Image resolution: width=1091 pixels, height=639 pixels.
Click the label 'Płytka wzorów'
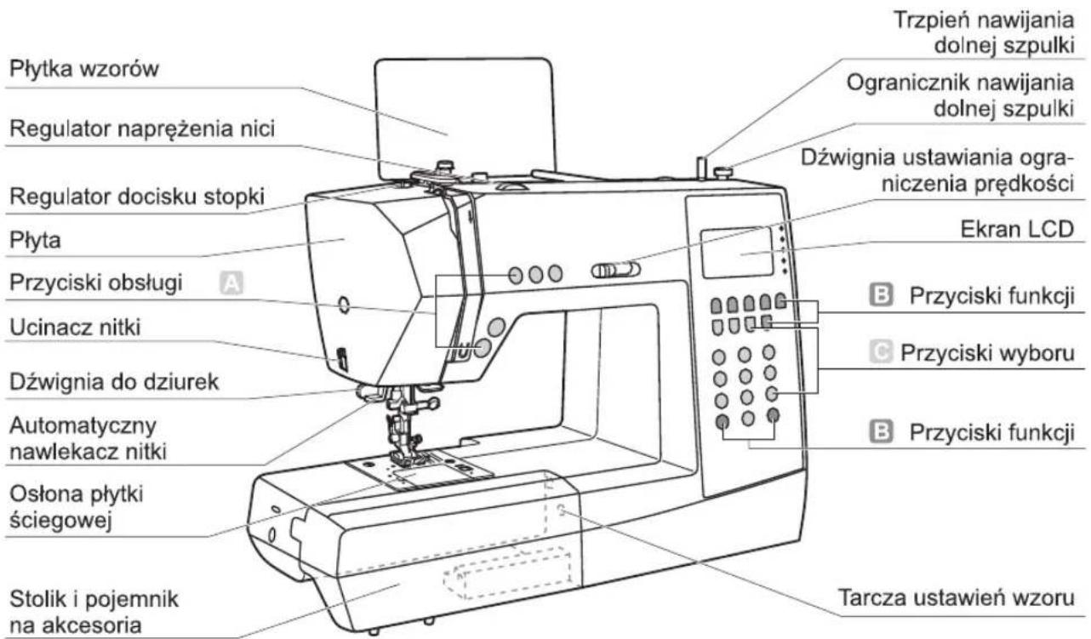(x=83, y=68)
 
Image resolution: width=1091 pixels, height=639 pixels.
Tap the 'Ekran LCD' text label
(x=1017, y=229)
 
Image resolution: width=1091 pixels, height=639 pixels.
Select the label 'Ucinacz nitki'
(x=75, y=328)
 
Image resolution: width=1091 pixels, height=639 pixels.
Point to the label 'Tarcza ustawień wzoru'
(x=956, y=597)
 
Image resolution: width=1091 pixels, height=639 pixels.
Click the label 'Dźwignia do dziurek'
(x=114, y=382)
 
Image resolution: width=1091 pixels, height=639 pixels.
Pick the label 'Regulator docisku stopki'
(x=137, y=197)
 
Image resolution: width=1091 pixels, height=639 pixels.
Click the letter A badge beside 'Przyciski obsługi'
(x=231, y=283)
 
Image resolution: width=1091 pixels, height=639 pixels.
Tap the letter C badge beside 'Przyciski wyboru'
(x=881, y=351)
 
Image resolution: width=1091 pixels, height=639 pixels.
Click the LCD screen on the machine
(x=737, y=253)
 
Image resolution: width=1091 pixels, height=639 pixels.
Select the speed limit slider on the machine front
(x=615, y=270)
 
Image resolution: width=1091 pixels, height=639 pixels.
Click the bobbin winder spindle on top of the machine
(x=701, y=168)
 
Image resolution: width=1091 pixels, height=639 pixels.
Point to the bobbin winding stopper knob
(x=723, y=173)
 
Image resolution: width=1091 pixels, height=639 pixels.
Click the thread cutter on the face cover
(x=342, y=359)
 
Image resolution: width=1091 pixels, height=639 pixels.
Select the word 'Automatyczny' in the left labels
(x=83, y=426)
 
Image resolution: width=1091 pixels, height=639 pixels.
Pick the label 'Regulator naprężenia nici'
(x=142, y=128)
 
